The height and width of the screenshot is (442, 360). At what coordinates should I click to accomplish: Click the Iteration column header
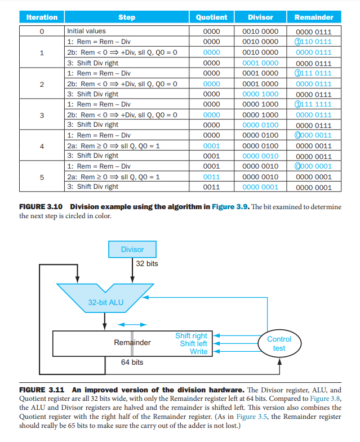[x=42, y=17]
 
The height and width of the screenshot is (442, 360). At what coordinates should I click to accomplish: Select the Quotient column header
[x=211, y=17]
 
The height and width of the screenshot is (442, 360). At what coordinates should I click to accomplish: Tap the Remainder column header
[x=314, y=17]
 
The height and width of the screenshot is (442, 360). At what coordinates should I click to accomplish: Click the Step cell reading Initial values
[x=86, y=31]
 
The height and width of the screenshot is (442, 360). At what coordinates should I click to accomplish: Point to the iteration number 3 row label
[x=42, y=114]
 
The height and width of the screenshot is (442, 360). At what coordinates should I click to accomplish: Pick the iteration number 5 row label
[x=42, y=176]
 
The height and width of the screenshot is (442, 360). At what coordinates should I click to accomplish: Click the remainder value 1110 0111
[x=313, y=42]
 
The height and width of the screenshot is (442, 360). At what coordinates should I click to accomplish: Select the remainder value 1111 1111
[x=313, y=104]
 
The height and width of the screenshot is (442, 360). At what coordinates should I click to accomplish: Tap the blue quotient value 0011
[x=211, y=176]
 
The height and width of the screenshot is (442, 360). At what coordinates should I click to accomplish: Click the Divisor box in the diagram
[x=132, y=249]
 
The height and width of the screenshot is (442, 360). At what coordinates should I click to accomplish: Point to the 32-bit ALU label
[x=105, y=302]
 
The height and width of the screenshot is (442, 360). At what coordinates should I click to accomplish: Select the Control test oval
[x=279, y=343]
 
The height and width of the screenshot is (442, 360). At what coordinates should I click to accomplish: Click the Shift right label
[x=191, y=336]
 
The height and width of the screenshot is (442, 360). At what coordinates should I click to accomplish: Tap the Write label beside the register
[x=198, y=352]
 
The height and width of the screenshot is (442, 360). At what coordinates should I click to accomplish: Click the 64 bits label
[x=132, y=362]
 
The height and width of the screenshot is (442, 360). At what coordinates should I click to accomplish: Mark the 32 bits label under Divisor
[x=148, y=263]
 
